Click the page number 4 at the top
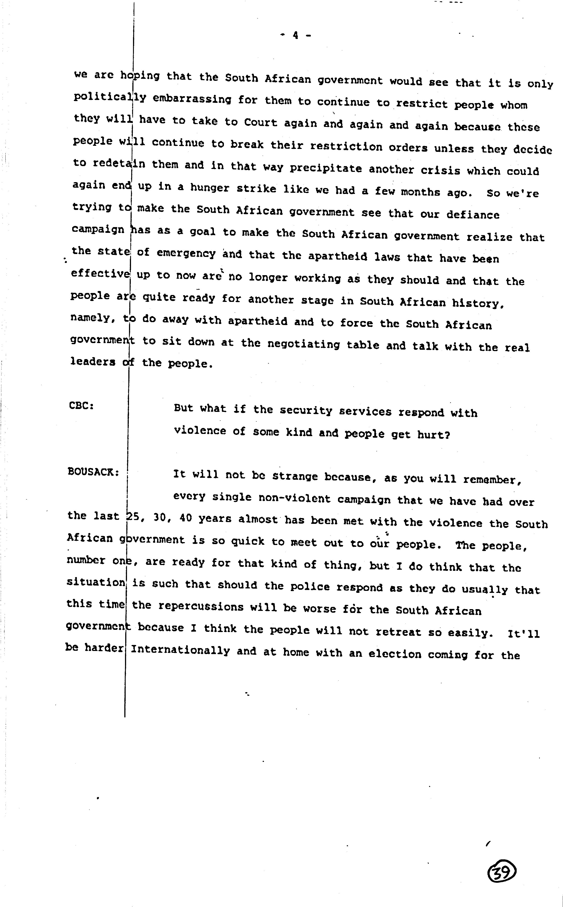pos(295,35)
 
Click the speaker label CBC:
pos(81,405)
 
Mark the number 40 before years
pos(185,518)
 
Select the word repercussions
pos(201,606)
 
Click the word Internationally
pos(180,650)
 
